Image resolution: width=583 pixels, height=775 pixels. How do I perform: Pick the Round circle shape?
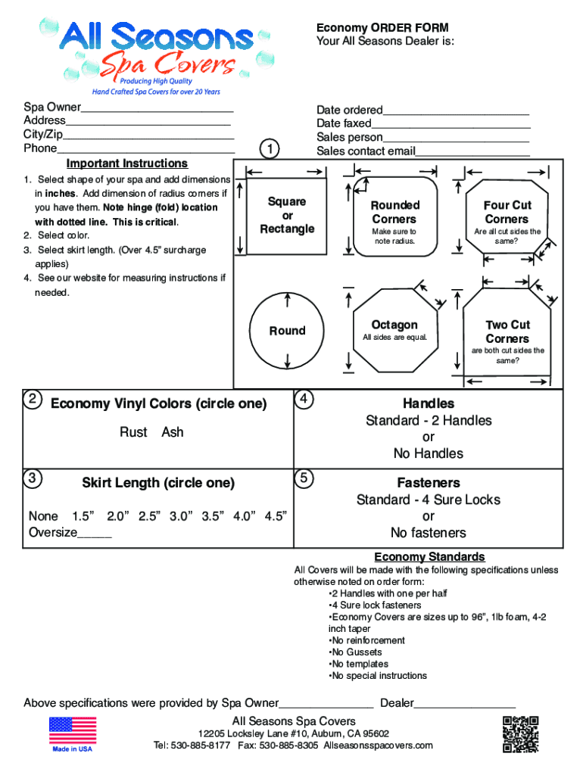287,331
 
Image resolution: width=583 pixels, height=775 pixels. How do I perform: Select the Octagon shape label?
394,325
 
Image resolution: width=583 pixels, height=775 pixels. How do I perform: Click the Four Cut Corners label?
507,212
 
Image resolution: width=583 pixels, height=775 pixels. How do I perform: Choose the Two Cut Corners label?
507,331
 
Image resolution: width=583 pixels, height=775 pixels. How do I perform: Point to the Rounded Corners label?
394,212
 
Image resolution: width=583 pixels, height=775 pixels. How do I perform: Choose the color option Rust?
133,432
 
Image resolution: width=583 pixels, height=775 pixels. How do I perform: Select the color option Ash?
173,432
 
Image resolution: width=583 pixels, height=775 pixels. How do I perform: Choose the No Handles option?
428,454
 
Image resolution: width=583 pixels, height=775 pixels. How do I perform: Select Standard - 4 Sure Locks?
428,500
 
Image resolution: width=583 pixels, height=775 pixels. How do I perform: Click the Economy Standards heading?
429,557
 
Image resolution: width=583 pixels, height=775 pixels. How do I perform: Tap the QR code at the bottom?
520,733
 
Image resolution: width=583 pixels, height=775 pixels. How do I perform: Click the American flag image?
73,730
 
